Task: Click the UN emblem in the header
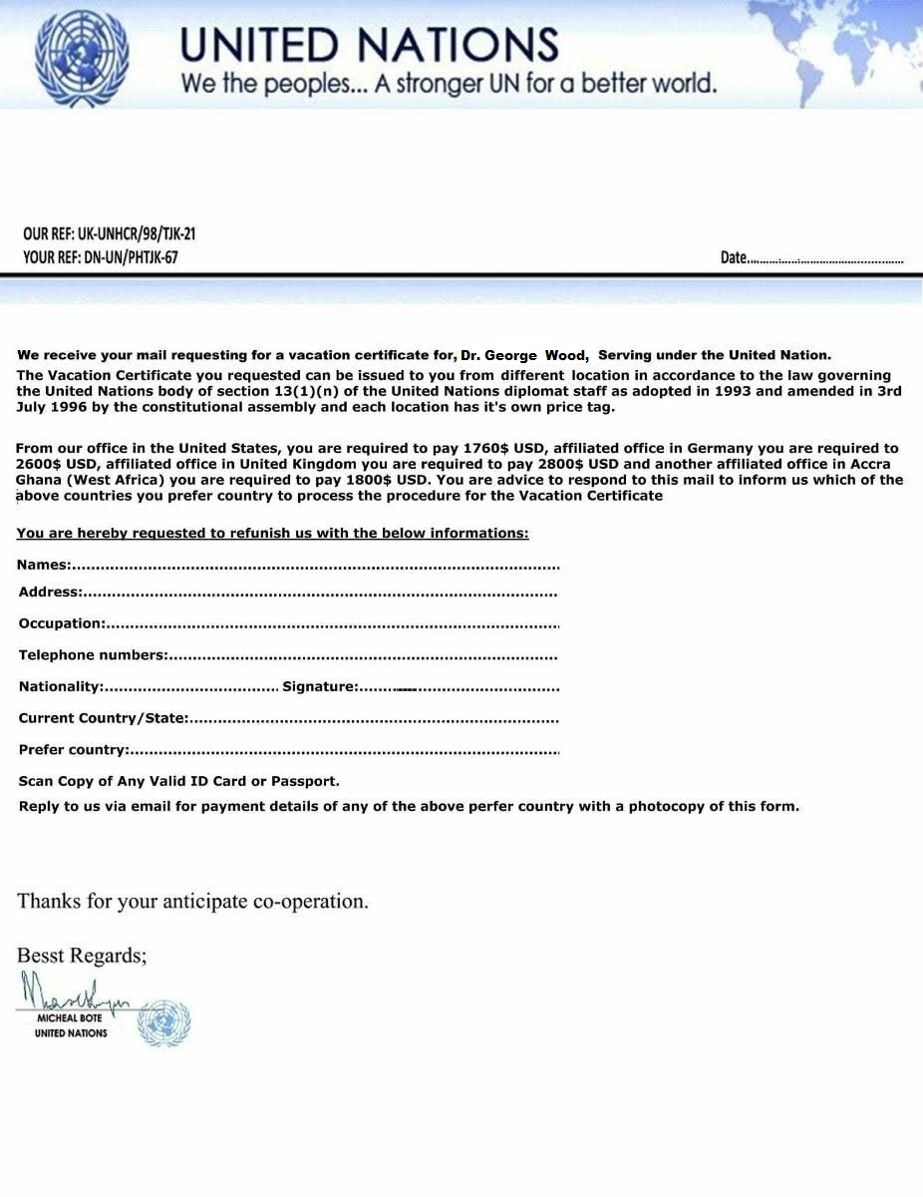point(82,55)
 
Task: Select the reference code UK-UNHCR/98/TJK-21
point(137,234)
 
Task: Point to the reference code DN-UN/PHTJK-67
point(129,257)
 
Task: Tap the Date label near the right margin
point(734,257)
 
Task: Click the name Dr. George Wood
point(523,355)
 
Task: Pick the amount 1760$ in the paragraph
point(485,449)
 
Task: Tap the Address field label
point(50,592)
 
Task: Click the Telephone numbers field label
point(93,655)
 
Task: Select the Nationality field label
point(61,686)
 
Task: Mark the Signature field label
point(319,686)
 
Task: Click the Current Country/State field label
point(104,718)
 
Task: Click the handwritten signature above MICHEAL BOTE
point(74,992)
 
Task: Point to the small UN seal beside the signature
point(163,1023)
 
